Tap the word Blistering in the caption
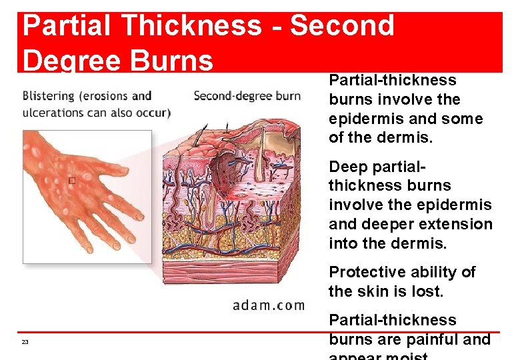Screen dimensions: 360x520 click(49, 96)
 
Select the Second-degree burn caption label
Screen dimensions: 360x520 click(247, 95)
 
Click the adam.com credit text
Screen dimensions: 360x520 click(268, 305)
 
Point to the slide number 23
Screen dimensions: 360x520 click(25, 342)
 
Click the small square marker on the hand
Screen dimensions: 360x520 click(71, 181)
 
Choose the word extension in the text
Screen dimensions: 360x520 click(457, 224)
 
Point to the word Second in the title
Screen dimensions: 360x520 click(342, 25)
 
